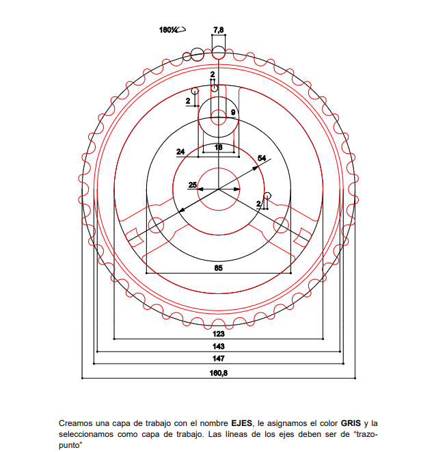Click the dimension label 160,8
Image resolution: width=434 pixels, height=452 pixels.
[x=219, y=373]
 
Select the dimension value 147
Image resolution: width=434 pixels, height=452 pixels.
[x=219, y=358]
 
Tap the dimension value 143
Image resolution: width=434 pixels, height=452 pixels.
[x=219, y=346]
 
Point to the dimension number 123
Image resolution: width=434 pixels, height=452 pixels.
[x=219, y=334]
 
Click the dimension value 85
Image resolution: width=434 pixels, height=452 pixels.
[x=219, y=268]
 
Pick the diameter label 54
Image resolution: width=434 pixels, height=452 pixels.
[x=262, y=158]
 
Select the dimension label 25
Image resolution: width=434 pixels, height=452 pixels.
[x=193, y=185]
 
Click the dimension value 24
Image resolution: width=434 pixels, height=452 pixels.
[x=180, y=152]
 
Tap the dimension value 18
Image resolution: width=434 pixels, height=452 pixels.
[x=219, y=147]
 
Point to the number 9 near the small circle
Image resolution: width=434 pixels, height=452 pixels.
[x=233, y=112]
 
